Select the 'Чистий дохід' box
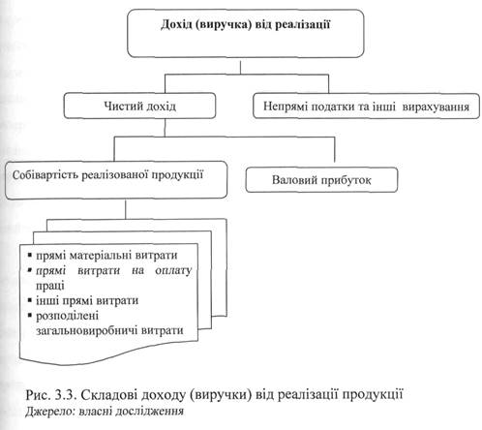139,106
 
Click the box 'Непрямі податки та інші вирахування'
366,106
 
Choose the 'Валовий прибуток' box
321,180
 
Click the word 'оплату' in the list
173,270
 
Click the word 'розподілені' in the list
67,316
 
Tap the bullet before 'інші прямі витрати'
30,300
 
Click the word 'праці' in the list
50,286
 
